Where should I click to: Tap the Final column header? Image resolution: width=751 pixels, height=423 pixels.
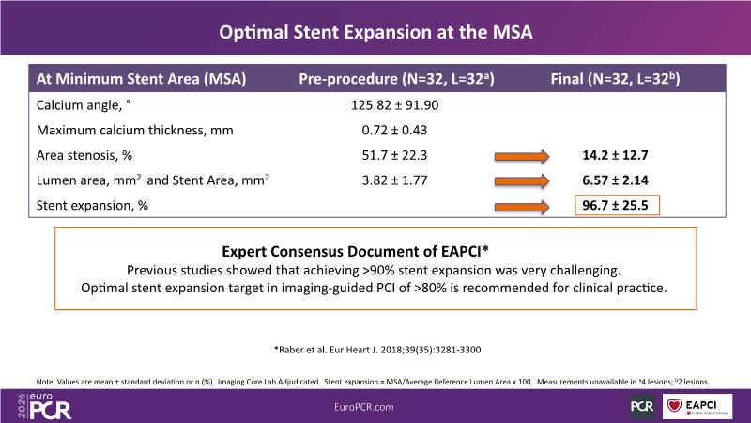coord(614,80)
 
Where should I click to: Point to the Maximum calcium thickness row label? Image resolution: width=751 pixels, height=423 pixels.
coord(134,129)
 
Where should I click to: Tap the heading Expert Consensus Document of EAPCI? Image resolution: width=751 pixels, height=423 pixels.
coord(375,252)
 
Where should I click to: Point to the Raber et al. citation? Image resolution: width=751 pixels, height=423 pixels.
coord(375,349)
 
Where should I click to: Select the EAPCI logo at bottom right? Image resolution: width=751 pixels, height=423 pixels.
coord(700,404)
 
